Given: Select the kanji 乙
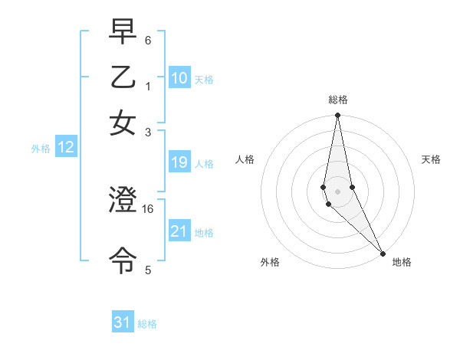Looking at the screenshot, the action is (123, 80).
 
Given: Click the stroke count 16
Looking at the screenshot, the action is (149, 208).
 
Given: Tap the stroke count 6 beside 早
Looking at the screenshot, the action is (148, 39).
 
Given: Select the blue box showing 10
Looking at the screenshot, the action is (179, 77).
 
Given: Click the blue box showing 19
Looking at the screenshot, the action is (179, 162).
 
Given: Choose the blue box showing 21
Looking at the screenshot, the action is (179, 231).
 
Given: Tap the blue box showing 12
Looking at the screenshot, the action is (66, 148).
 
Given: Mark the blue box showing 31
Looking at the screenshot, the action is (123, 322).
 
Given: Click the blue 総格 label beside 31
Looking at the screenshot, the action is (147, 324).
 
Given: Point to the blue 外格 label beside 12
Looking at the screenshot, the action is (41, 149).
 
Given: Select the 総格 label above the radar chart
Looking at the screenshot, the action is (338, 100).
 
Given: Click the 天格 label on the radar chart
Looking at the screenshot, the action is (432, 159).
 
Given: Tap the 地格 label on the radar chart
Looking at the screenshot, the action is (402, 262).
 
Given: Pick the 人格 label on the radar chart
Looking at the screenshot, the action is (245, 159).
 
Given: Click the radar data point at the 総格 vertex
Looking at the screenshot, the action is (337, 116).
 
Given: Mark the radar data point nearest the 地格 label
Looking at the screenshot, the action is (383, 254).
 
